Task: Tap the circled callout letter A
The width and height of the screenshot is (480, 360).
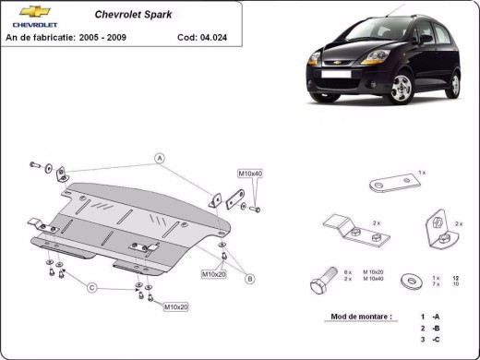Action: [x=159, y=157]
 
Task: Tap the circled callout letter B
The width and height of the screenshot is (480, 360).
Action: [x=249, y=278]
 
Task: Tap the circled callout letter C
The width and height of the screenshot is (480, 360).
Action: [x=91, y=289]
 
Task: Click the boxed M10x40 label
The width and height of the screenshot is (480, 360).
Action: [x=250, y=174]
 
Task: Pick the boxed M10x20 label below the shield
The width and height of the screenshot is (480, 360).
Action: [x=175, y=306]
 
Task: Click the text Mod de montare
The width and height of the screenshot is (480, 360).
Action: [x=360, y=317]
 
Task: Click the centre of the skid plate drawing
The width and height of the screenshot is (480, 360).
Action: [x=138, y=226]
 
